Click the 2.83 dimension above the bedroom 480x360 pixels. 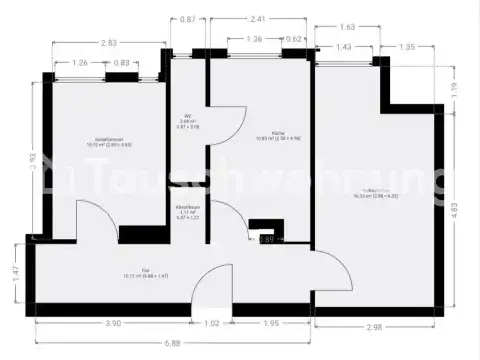pos(107,43)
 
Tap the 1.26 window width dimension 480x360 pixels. pos(81,63)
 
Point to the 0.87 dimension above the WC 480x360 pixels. pos(187,19)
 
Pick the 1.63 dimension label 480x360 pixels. pos(347,27)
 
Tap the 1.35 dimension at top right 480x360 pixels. pos(407,46)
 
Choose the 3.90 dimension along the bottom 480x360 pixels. pos(86,323)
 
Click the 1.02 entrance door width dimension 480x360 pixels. pos(213,323)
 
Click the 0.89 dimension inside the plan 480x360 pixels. pos(266,240)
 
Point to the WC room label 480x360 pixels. pos(187,117)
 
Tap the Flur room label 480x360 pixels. pos(144,269)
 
